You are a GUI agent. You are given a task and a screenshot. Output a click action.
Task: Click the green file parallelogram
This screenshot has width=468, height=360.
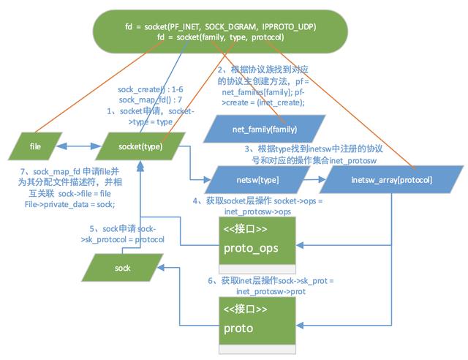coord(35,146)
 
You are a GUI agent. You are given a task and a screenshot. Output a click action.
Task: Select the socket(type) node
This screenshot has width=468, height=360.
coord(140,146)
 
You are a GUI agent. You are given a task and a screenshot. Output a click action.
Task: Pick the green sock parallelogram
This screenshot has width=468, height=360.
coord(122,268)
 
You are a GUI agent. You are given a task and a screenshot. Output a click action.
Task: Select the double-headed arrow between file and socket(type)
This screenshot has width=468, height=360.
coord(81,146)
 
